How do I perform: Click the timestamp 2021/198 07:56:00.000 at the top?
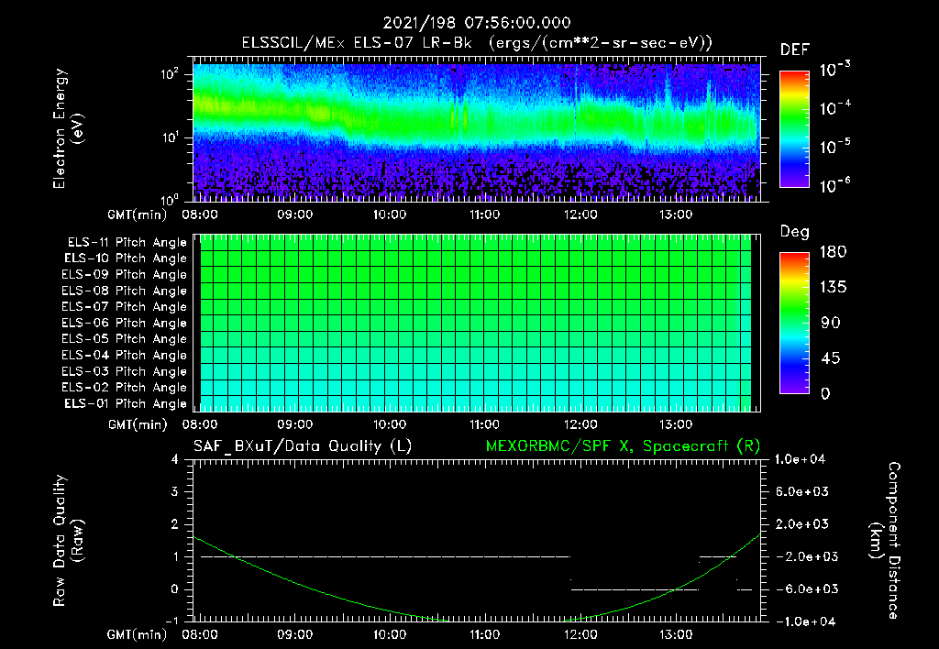coord(469,22)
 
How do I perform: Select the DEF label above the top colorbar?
coord(794,49)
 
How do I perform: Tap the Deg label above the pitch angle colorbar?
coord(794,232)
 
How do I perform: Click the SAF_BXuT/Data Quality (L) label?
coord(302,445)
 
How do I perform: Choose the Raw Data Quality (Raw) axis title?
coord(69,541)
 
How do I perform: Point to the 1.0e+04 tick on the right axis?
coord(802,459)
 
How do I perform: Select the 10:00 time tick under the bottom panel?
coord(390,633)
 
